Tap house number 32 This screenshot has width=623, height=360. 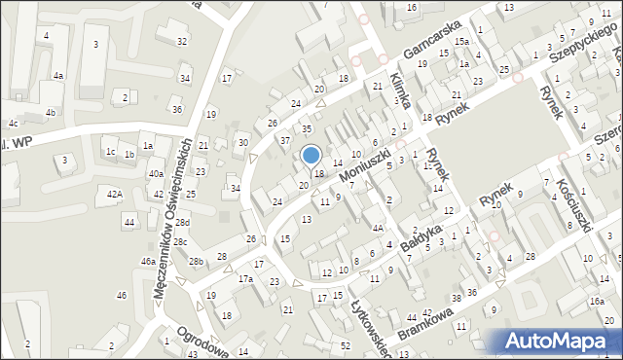coord(182,41)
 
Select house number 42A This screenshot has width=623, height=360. coord(115,195)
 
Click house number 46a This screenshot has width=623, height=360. coord(148,262)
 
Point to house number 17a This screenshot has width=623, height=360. coord(246,279)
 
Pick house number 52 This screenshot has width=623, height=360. coord(346,346)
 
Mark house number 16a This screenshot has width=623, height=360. coord(595,302)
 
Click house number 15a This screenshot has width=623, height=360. coord(459,42)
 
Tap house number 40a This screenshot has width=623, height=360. coord(156,173)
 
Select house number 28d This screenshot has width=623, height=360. coord(182,223)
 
